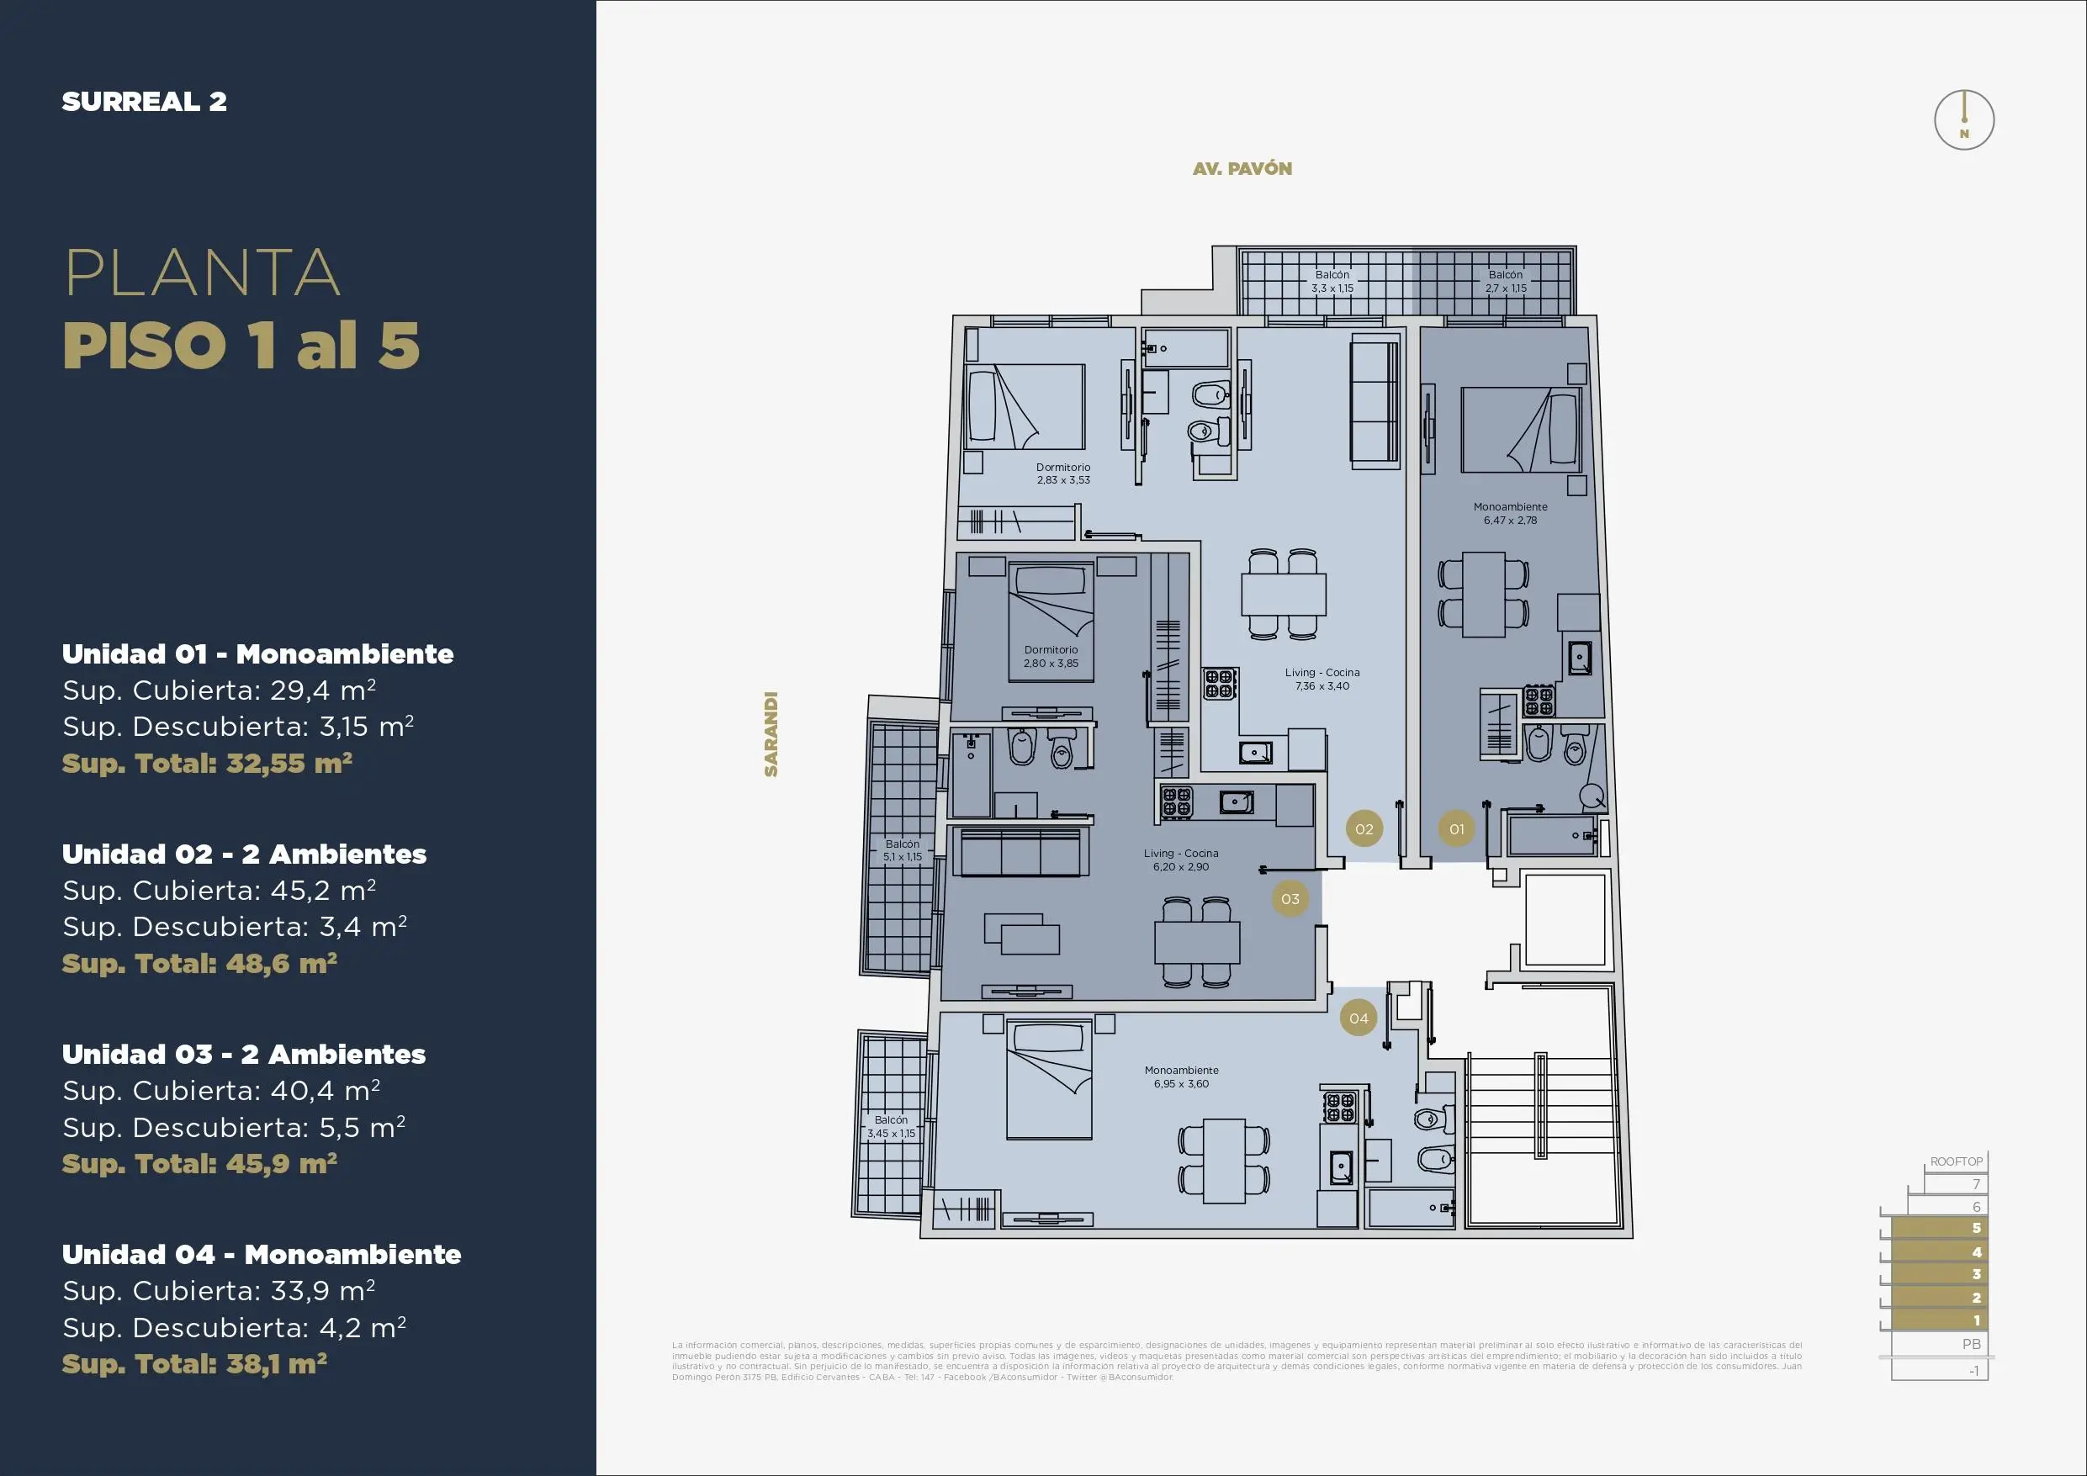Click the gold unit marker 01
(1456, 829)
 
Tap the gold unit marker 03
(1290, 899)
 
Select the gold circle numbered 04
(1358, 1018)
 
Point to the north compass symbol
(1963, 121)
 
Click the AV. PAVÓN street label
(1242, 169)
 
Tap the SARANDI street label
(771, 734)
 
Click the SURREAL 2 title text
(145, 102)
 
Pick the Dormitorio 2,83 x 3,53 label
(1062, 473)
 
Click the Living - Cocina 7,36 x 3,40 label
(1322, 679)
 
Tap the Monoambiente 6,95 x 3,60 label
(1181, 1077)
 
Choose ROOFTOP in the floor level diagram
(1956, 1161)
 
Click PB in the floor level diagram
(1971, 1344)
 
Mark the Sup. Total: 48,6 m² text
(199, 964)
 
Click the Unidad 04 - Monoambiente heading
(261, 1254)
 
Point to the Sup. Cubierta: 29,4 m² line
(219, 690)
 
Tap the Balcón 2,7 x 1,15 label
(1505, 281)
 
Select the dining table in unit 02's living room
(1284, 595)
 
